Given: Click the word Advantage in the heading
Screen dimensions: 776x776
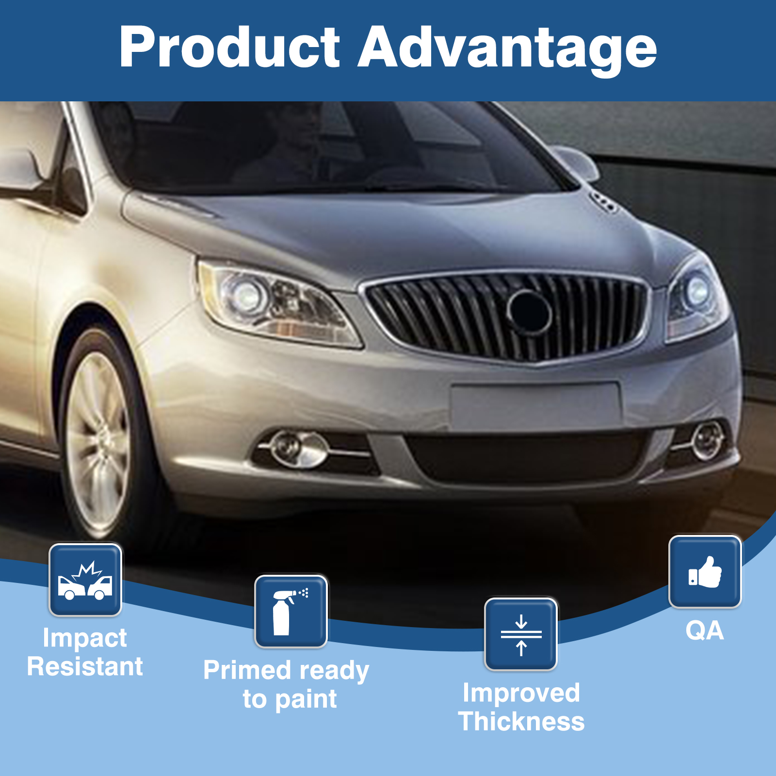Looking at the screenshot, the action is coord(507,50).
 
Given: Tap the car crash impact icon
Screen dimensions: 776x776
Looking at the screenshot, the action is coord(85,580).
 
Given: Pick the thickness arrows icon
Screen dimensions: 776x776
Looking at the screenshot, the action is coord(521,634).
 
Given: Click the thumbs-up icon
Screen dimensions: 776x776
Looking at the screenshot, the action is coord(705,572).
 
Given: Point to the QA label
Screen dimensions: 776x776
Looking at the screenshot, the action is coord(705,630).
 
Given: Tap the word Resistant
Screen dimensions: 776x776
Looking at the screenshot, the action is coord(85,666).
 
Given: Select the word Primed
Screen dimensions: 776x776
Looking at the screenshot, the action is coord(246,670).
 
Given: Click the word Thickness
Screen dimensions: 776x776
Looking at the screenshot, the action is coord(521,721).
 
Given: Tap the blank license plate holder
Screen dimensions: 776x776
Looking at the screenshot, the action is coord(535,405).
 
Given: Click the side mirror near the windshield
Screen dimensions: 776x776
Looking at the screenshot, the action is coord(576,162).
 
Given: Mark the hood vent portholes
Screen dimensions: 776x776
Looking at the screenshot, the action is coord(603,202).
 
